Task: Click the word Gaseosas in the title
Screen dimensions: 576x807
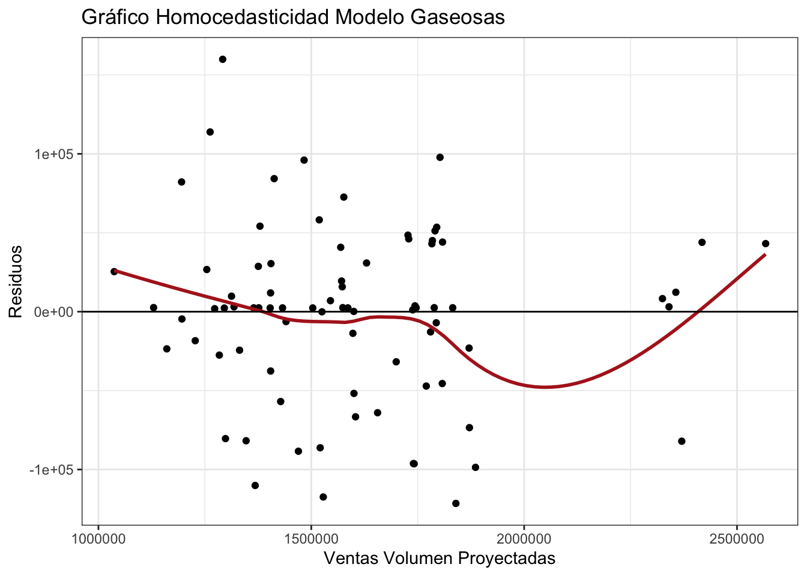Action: pyautogui.click(x=457, y=17)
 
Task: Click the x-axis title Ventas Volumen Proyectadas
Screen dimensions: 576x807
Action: pyautogui.click(x=440, y=558)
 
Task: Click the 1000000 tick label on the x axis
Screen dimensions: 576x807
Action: pyautogui.click(x=98, y=536)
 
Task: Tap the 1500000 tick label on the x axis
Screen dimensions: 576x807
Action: pyautogui.click(x=311, y=536)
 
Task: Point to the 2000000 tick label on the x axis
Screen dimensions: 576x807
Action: pyautogui.click(x=524, y=536)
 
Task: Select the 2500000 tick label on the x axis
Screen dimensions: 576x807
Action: pyautogui.click(x=736, y=536)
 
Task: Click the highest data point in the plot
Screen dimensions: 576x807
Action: pyautogui.click(x=223, y=59)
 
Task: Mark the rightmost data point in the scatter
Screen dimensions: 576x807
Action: pyautogui.click(x=766, y=244)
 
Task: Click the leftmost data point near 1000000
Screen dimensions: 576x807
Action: pyautogui.click(x=114, y=272)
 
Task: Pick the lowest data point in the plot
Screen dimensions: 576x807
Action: pyautogui.click(x=456, y=503)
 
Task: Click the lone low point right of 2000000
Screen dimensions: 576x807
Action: pyautogui.click(x=682, y=441)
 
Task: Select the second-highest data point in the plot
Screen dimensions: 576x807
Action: pyautogui.click(x=210, y=132)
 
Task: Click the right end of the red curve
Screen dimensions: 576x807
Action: pyautogui.click(x=765, y=254)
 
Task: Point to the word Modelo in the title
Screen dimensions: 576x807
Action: pyautogui.click(x=368, y=17)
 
